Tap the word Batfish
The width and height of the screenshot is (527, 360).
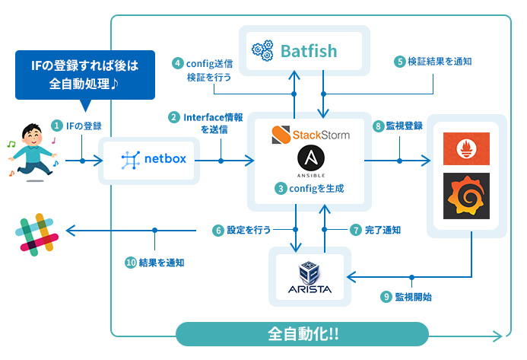click(309, 51)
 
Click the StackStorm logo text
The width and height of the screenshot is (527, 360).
click(311, 135)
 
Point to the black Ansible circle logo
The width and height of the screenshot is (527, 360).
click(311, 161)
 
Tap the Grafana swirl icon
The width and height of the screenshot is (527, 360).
click(466, 197)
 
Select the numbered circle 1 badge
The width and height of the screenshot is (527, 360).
click(56, 125)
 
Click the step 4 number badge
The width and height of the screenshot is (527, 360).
click(178, 63)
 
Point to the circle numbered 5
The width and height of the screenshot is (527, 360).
click(398, 61)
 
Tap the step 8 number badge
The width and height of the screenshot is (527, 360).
click(378, 126)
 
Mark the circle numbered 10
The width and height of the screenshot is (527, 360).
click(131, 262)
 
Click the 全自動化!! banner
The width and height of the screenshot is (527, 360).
click(303, 334)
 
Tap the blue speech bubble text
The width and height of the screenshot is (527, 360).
click(85, 75)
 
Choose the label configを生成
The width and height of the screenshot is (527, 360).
click(311, 187)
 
